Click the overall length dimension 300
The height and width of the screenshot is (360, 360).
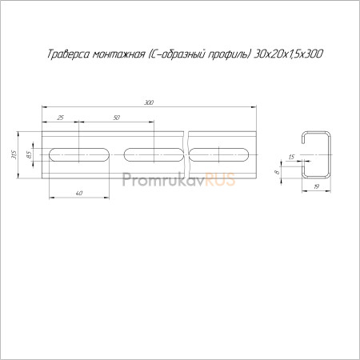point(149,102)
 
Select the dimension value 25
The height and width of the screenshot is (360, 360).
point(61,118)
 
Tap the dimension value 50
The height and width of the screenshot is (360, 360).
point(117,118)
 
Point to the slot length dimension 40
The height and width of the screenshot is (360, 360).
point(79,194)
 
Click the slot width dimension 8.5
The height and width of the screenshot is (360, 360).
point(29,154)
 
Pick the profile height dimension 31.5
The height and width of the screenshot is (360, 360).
point(14,154)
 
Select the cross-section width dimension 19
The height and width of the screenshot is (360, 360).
point(316,186)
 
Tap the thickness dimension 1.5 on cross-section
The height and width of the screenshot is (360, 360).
point(291,157)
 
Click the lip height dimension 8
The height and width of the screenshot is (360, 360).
point(278,172)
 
